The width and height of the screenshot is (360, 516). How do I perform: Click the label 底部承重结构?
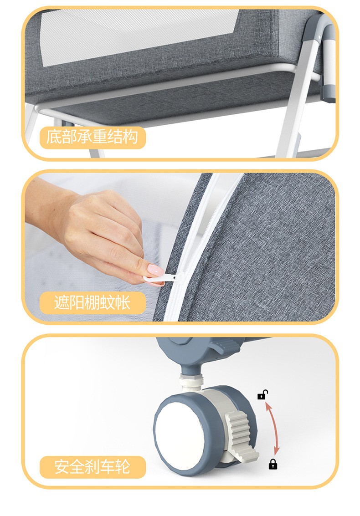click(92, 137)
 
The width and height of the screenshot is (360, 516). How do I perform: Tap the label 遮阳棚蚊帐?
click(92, 302)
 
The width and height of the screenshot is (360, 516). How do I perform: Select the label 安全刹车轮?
click(92, 467)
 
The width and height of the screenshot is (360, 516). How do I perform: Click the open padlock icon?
click(262, 394)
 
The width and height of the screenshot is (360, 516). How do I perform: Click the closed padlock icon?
click(273, 464)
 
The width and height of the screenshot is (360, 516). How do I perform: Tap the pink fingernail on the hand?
click(155, 271)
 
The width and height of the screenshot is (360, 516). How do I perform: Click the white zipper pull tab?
click(161, 278)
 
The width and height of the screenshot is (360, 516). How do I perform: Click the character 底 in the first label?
click(53, 137)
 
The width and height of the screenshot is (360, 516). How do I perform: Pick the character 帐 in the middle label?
click(123, 302)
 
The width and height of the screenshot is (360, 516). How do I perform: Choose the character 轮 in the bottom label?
click(123, 467)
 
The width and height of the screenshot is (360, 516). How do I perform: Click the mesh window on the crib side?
click(139, 36)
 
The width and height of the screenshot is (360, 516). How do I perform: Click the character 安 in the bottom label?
click(62, 467)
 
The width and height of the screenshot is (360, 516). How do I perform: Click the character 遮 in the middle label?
click(62, 302)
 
